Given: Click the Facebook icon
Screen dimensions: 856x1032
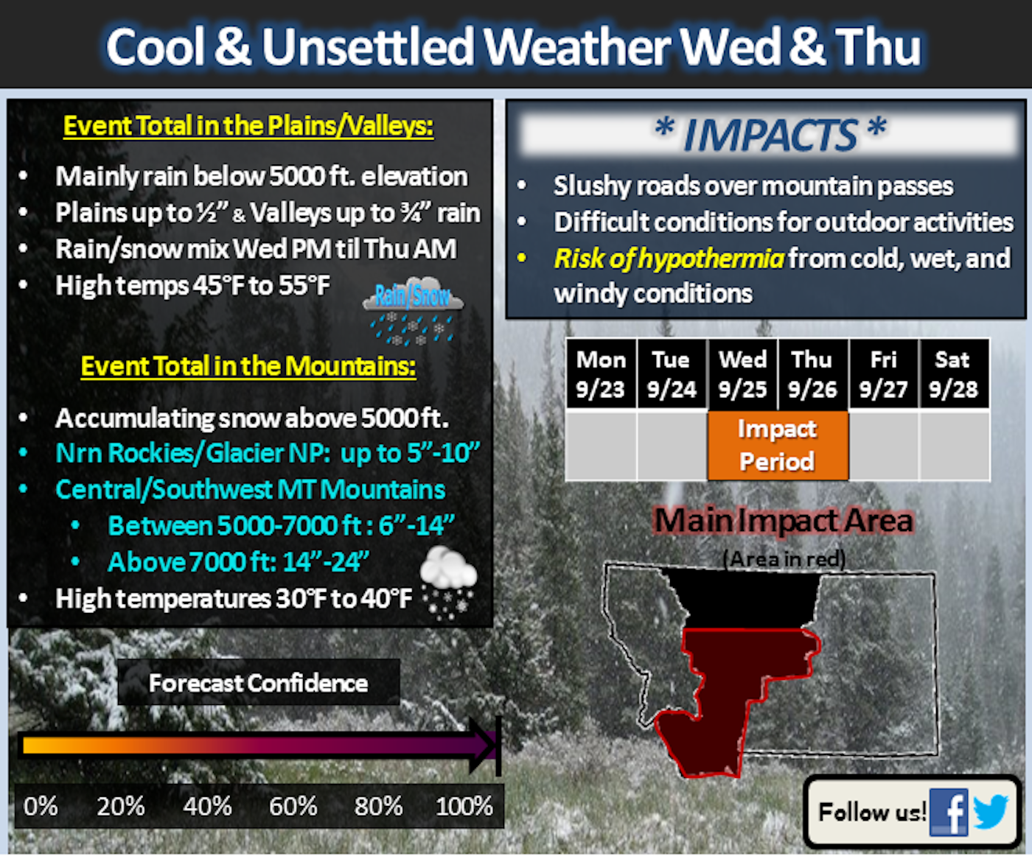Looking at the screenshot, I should click(x=949, y=812).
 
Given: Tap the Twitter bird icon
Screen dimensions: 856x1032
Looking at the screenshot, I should click(x=991, y=812).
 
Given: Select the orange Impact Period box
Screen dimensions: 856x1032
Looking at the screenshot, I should click(x=778, y=446).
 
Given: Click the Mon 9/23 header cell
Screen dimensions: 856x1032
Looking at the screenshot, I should click(x=601, y=373).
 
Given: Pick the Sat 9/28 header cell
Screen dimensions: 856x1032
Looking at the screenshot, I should click(x=953, y=373).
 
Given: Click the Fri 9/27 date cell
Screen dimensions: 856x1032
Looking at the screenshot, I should click(x=883, y=373).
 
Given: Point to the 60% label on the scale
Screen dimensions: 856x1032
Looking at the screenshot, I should click(x=293, y=806).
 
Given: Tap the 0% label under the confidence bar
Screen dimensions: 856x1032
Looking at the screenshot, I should click(x=41, y=806).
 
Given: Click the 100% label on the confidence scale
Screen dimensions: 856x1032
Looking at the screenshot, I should click(x=464, y=806).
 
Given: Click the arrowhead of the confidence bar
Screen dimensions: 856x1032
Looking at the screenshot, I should click(x=484, y=746).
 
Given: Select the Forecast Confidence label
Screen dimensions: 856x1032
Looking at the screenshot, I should click(x=258, y=683).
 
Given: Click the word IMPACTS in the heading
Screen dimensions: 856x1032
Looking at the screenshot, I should click(x=770, y=136).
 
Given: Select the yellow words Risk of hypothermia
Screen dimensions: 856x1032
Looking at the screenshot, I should click(x=669, y=259).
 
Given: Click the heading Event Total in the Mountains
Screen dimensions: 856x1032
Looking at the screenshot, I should click(x=248, y=366).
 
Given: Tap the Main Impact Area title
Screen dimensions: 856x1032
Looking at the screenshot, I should click(x=784, y=521).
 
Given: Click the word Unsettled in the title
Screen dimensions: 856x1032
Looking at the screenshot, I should click(x=368, y=46).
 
